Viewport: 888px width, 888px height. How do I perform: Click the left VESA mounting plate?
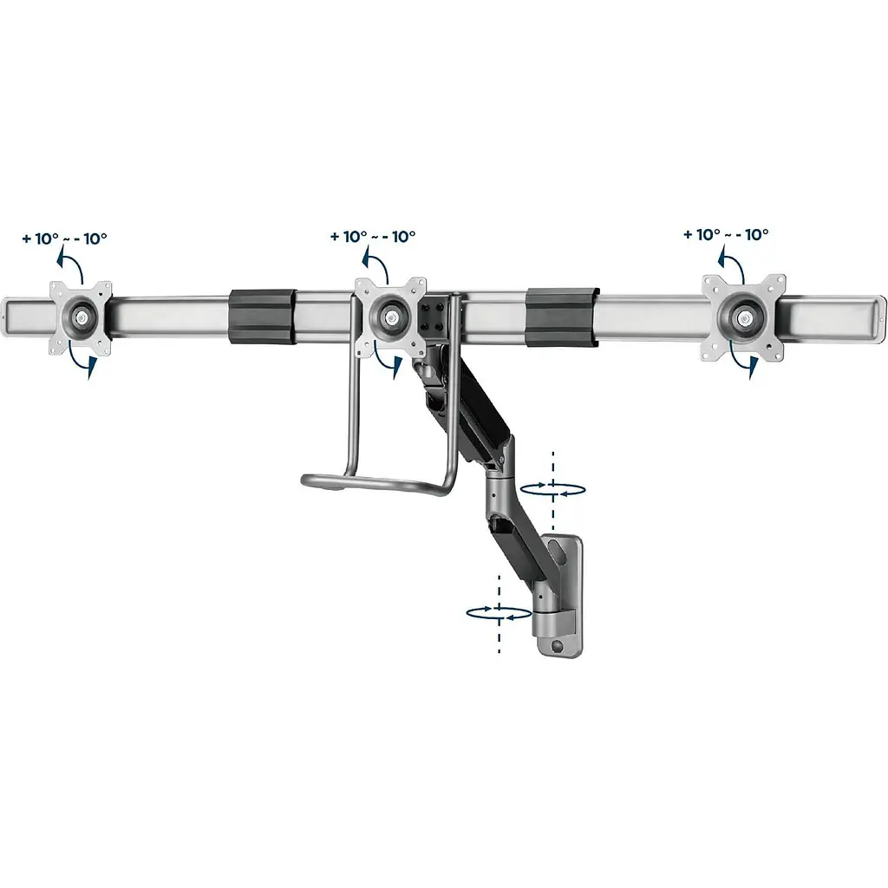point(81,318)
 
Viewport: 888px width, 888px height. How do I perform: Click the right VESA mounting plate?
point(744,317)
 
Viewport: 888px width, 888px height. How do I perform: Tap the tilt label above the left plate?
point(64,238)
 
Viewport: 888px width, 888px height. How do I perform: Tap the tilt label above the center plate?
point(373,236)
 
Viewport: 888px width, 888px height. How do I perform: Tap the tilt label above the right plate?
point(726,234)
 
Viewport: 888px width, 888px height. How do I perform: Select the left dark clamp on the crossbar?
point(262,317)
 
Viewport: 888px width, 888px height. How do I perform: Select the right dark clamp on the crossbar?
point(562,317)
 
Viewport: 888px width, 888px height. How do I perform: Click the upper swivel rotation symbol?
point(552,489)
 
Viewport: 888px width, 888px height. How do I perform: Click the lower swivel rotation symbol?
point(499,613)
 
